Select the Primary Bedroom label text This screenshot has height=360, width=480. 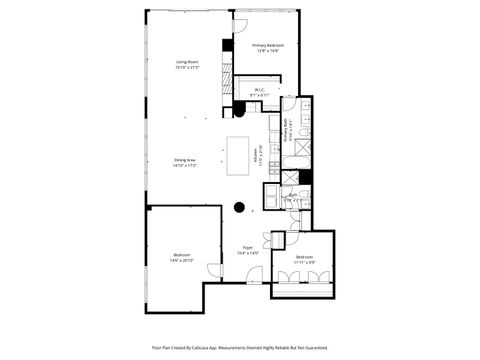268,47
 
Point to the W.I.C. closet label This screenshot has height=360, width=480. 259,92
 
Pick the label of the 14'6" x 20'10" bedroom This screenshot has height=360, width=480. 181,259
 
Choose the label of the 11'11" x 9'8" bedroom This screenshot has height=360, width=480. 305,260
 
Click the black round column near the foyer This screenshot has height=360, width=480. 240,208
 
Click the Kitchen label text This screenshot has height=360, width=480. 257,158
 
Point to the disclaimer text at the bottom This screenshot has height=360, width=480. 240,347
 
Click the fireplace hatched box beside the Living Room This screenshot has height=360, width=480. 228,46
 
